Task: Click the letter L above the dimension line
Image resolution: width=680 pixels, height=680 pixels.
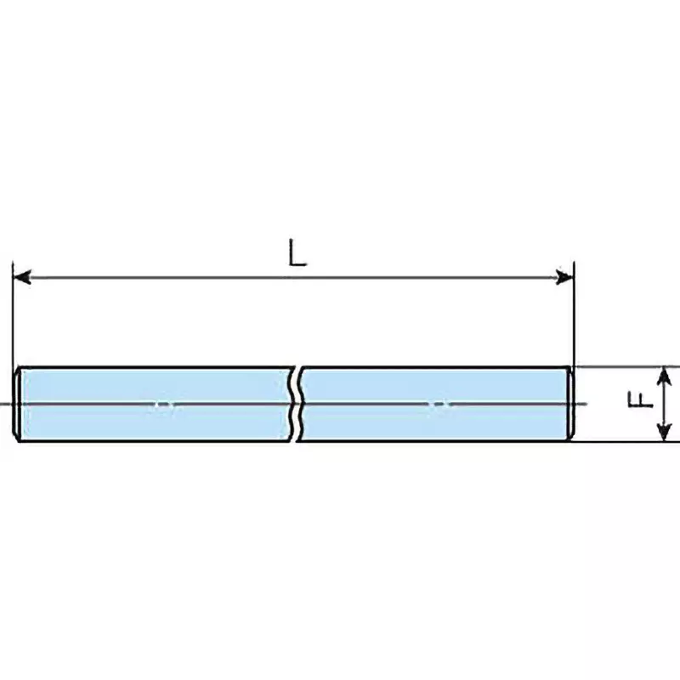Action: coord(297,254)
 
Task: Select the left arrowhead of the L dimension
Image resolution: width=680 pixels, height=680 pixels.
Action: coord(22,277)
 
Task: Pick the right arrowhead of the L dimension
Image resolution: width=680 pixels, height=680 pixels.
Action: coord(564,277)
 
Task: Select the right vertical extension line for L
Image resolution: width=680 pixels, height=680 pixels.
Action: coord(575,314)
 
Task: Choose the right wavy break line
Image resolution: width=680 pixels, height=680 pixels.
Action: coord(303,405)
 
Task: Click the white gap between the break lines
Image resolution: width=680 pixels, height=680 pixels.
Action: coord(297,405)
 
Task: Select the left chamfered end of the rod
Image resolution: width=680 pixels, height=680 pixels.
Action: coord(18,405)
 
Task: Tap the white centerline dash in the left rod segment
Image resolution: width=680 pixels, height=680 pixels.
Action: coord(163,405)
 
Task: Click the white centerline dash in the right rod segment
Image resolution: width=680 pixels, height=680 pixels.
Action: coord(439,405)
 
